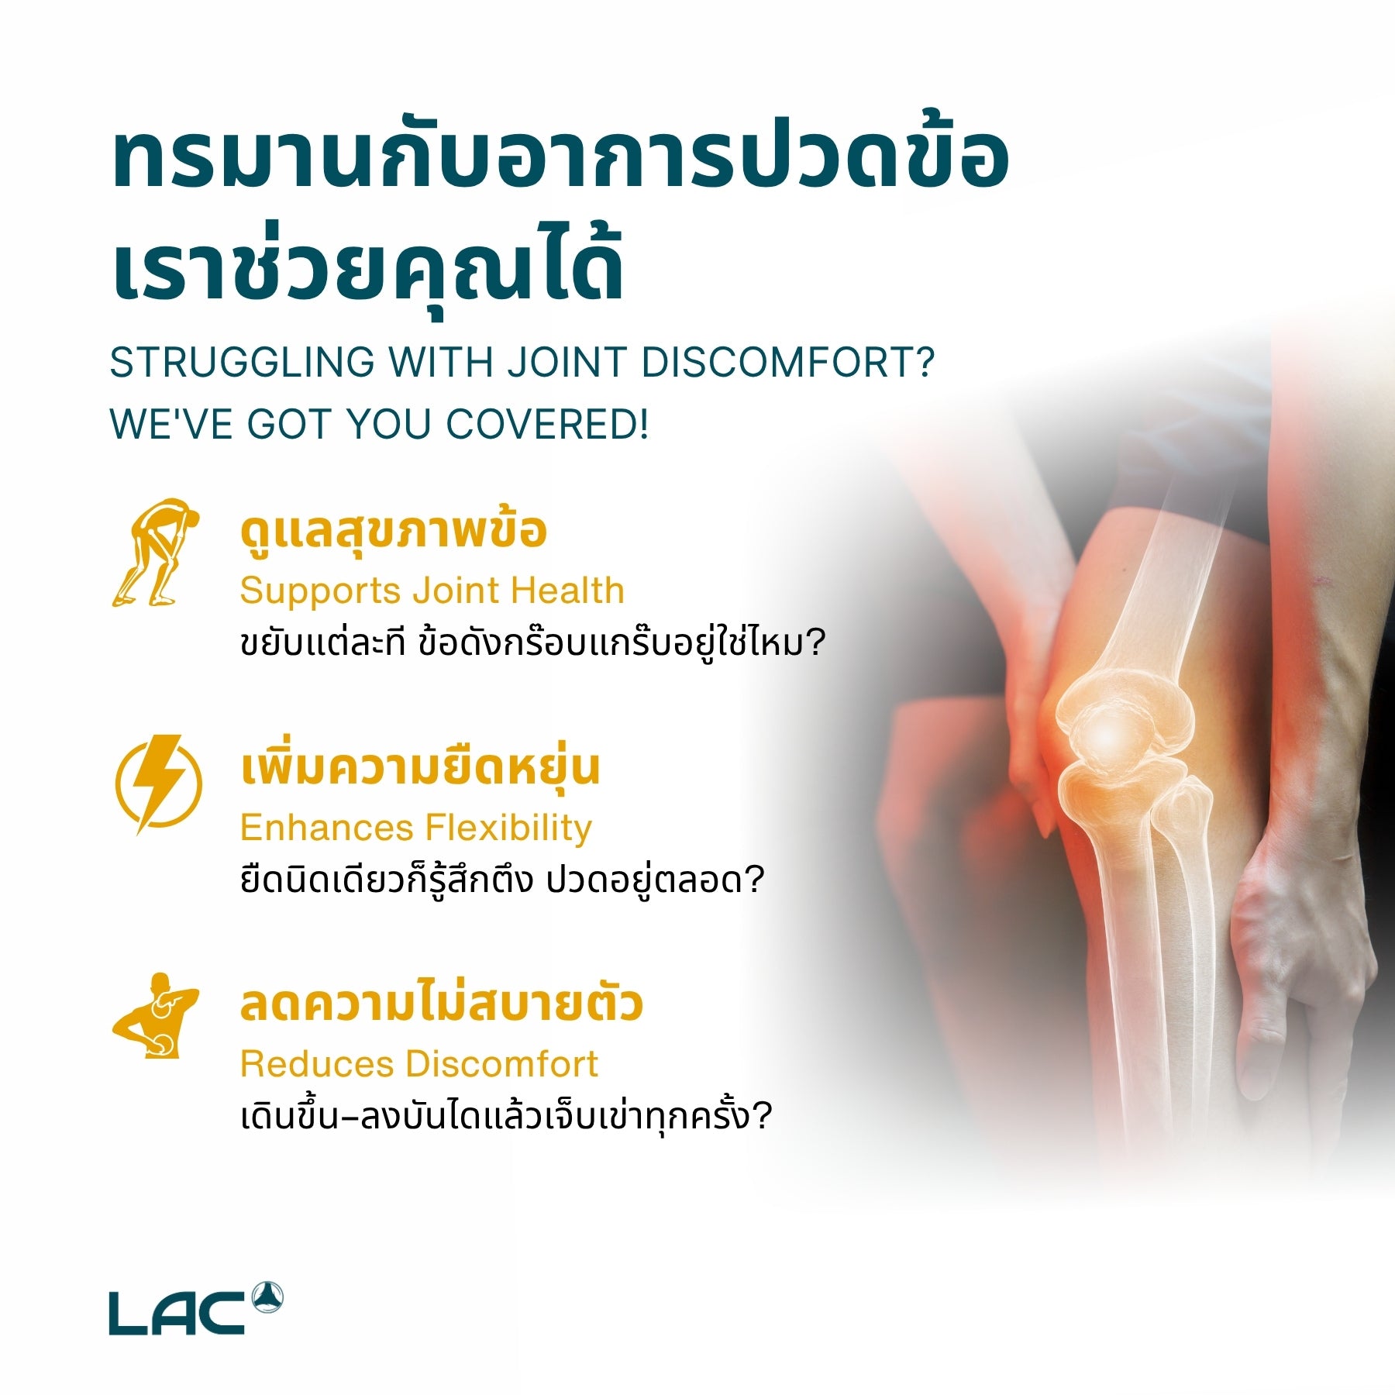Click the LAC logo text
177,1313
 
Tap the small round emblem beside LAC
267,1297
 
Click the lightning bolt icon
159,784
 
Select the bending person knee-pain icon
155,553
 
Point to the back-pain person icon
157,1016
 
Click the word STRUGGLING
242,363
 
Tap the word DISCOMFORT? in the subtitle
788,363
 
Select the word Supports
319,591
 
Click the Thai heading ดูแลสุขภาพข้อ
394,532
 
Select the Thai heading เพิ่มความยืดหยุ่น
420,768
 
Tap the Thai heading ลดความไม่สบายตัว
441,1004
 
